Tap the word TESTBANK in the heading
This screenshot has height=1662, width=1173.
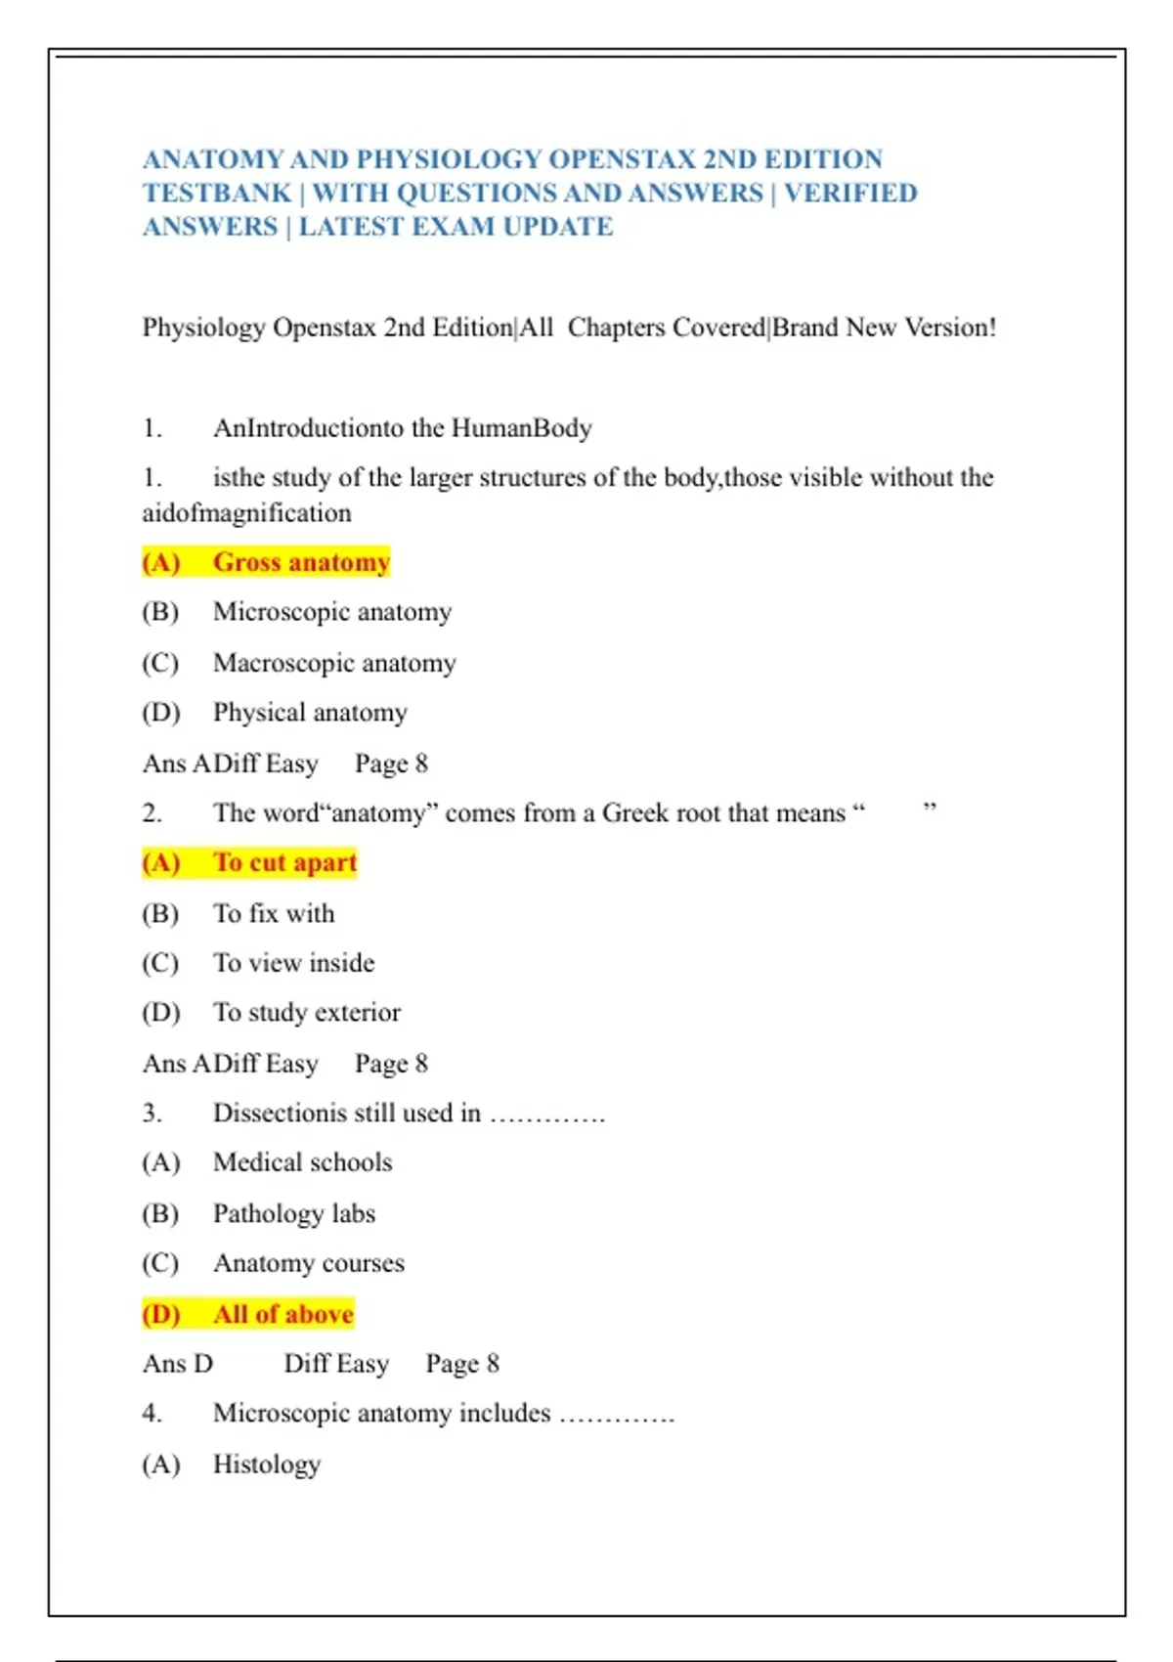pos(217,194)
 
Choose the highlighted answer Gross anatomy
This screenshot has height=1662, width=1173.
pos(301,562)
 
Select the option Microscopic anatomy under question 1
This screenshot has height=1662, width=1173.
pos(332,612)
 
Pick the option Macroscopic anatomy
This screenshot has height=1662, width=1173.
pos(334,663)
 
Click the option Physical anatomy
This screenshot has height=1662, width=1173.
pos(310,713)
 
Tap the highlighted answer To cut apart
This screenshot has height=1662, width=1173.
pos(285,862)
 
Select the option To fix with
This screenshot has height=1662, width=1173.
pos(274,913)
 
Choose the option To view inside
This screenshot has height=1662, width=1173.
pos(293,963)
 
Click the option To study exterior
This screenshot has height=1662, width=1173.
pos(307,1013)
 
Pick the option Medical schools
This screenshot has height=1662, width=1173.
pos(302,1162)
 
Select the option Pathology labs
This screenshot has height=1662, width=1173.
pos(294,1213)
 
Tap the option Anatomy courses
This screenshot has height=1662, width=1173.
pos(309,1263)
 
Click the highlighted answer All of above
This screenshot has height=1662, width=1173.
pos(282,1314)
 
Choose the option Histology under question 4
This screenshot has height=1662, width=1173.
pos(267,1465)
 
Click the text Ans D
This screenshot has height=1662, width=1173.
pos(178,1364)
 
